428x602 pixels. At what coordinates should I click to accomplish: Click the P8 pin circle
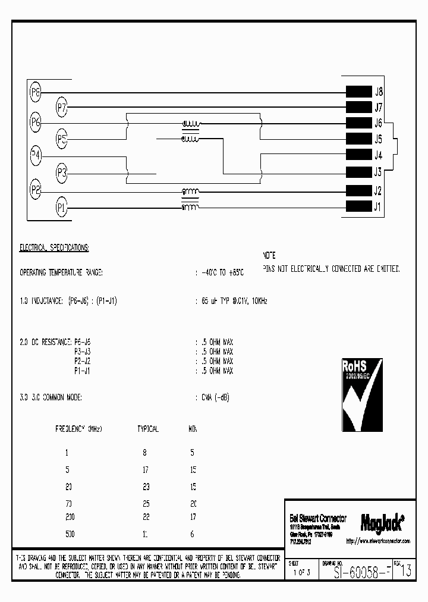(x=36, y=92)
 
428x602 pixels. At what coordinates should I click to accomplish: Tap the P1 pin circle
(x=62, y=207)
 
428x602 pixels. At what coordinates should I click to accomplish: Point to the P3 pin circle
(x=62, y=174)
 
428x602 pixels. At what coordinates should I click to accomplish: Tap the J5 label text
(x=378, y=140)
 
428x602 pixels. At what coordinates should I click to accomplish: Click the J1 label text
(x=378, y=207)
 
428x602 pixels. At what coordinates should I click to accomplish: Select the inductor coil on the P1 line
(x=191, y=207)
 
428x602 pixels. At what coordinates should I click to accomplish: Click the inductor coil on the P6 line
(x=191, y=124)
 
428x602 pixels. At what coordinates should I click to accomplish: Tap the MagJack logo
(x=382, y=522)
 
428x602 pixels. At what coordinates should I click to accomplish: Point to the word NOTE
(x=269, y=253)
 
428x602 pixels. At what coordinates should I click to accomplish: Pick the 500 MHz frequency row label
(x=70, y=534)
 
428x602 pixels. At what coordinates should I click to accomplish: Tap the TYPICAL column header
(x=147, y=428)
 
